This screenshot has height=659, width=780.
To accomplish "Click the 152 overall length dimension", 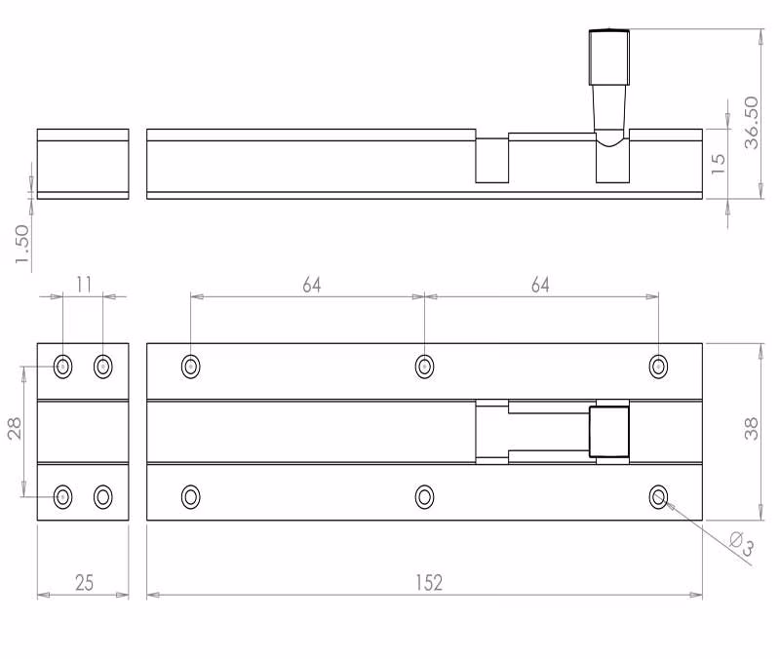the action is (429, 582).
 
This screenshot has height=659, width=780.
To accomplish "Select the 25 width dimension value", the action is (84, 582).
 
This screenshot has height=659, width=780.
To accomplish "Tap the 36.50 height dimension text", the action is (751, 123).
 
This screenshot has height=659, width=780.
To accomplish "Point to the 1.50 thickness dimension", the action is (22, 245).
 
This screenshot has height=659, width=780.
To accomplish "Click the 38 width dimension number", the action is (751, 428).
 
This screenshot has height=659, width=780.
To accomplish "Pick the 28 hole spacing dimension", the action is (15, 428).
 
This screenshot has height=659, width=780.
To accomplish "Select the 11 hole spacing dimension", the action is (84, 285).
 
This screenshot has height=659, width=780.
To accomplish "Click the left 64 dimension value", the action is (312, 285).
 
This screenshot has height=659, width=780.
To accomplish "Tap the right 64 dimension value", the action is (540, 285).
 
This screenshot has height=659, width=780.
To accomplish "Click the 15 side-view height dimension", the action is (718, 164).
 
